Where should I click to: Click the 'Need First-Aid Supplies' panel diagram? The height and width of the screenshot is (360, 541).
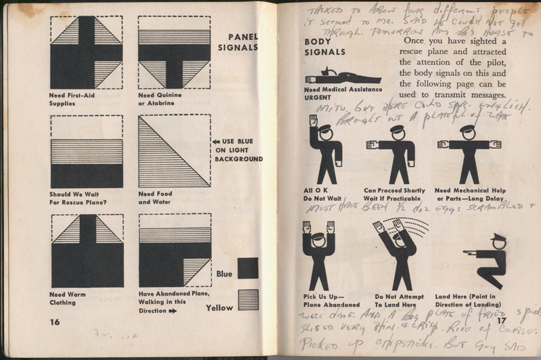(86, 53)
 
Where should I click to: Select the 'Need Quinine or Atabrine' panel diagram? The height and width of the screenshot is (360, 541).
(174, 53)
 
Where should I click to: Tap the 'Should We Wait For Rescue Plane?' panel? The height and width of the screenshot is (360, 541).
(86, 152)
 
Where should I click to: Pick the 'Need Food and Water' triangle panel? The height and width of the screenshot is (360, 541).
(174, 152)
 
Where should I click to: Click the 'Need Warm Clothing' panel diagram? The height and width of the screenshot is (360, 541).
(86, 251)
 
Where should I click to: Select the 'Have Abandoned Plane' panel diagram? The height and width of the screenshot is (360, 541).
(174, 251)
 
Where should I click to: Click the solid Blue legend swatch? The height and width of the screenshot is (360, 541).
(248, 268)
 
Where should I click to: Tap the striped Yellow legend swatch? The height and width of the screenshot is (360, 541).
(248, 299)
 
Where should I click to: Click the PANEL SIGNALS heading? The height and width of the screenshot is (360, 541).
(239, 42)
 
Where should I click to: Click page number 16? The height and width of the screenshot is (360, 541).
(55, 321)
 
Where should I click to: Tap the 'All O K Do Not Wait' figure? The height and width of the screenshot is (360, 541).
(325, 153)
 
